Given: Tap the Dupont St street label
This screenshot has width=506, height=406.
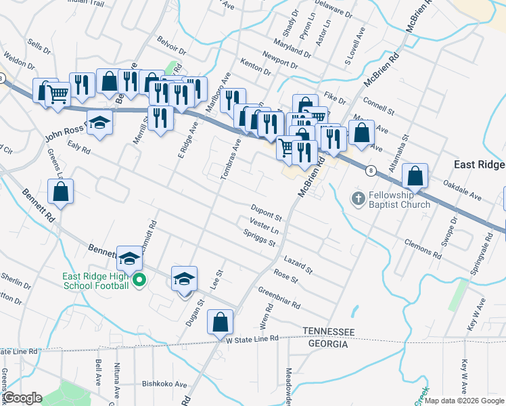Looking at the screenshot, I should [x=266, y=212].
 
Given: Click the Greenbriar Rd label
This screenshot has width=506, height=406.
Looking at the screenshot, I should [x=279, y=297].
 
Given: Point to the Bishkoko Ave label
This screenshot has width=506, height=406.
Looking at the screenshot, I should [x=164, y=384].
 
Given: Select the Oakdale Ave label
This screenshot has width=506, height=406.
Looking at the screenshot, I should [x=461, y=189].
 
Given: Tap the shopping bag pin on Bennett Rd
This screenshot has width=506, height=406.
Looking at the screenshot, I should [x=61, y=191].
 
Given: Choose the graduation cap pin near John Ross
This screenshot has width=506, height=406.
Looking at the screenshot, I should [x=100, y=123].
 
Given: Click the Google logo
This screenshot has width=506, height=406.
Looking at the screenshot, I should [x=22, y=398].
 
